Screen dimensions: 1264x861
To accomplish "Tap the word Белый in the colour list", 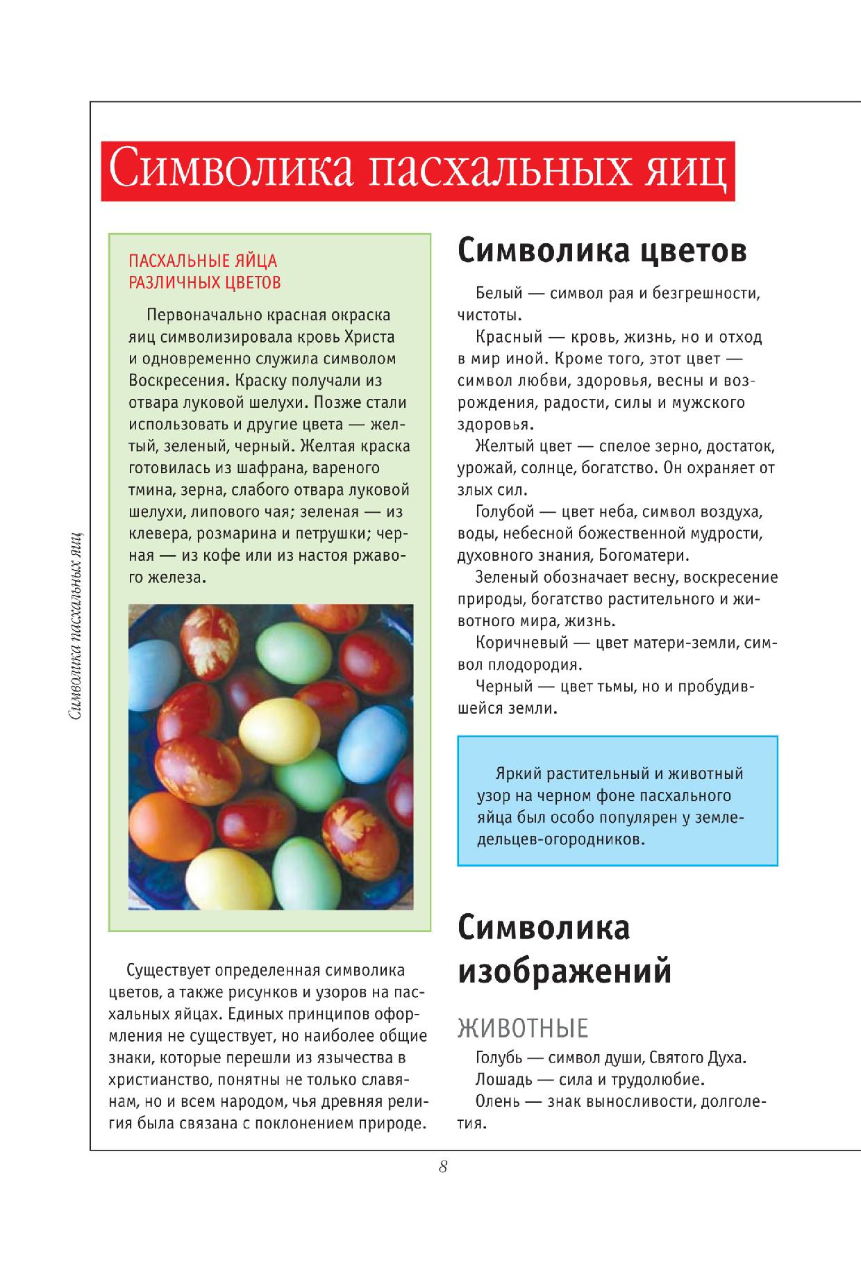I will (499, 293).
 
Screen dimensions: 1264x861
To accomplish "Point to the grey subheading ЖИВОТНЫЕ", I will (522, 1028).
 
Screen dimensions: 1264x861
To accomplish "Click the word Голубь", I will (499, 1058).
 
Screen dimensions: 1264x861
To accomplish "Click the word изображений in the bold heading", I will (564, 971).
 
